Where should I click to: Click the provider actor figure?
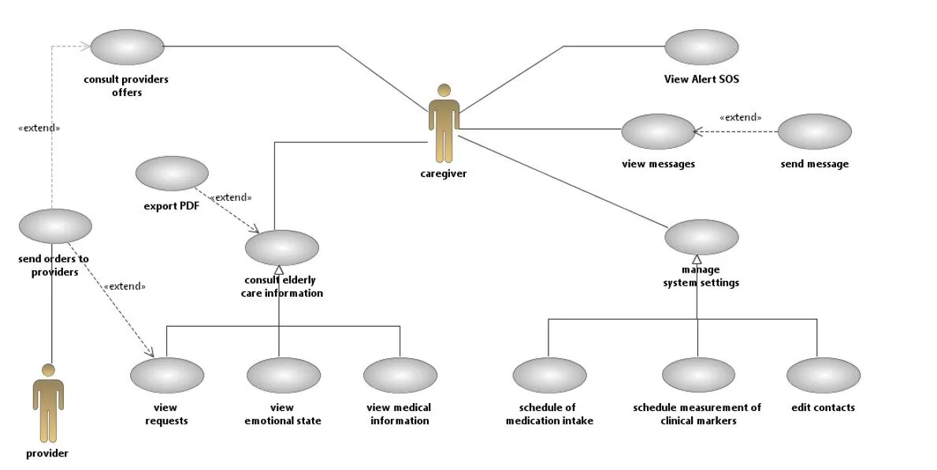point(48,403)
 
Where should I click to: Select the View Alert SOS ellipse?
point(701,47)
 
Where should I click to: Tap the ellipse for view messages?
point(658,131)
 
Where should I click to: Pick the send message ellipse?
point(814,131)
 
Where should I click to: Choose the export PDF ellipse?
point(172,173)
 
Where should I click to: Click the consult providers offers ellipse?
point(127,46)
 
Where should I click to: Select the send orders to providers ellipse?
point(55,226)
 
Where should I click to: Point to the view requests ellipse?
point(167,376)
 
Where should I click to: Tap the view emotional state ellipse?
point(283,376)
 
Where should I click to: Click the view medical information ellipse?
point(400,376)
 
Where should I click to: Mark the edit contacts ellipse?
point(823,376)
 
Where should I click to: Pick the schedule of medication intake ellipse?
point(549,376)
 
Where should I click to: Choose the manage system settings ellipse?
point(701,237)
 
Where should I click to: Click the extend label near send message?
point(740,117)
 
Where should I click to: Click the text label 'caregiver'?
point(444,174)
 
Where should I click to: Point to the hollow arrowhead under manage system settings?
point(697,259)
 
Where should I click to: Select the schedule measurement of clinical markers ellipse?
point(698,376)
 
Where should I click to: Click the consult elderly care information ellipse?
point(282,247)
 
